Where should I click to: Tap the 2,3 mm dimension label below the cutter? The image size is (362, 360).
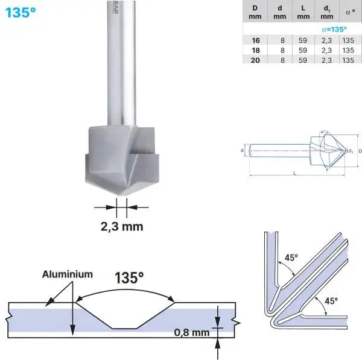121,226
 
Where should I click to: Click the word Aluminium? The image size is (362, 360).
68,274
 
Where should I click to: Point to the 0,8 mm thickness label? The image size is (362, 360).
191,332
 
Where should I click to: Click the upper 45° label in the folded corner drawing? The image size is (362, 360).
291,257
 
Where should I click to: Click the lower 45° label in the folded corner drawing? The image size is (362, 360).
331,300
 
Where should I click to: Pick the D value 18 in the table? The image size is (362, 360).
256,50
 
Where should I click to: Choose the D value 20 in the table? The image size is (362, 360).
256,60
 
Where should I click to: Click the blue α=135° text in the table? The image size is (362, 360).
334,29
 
